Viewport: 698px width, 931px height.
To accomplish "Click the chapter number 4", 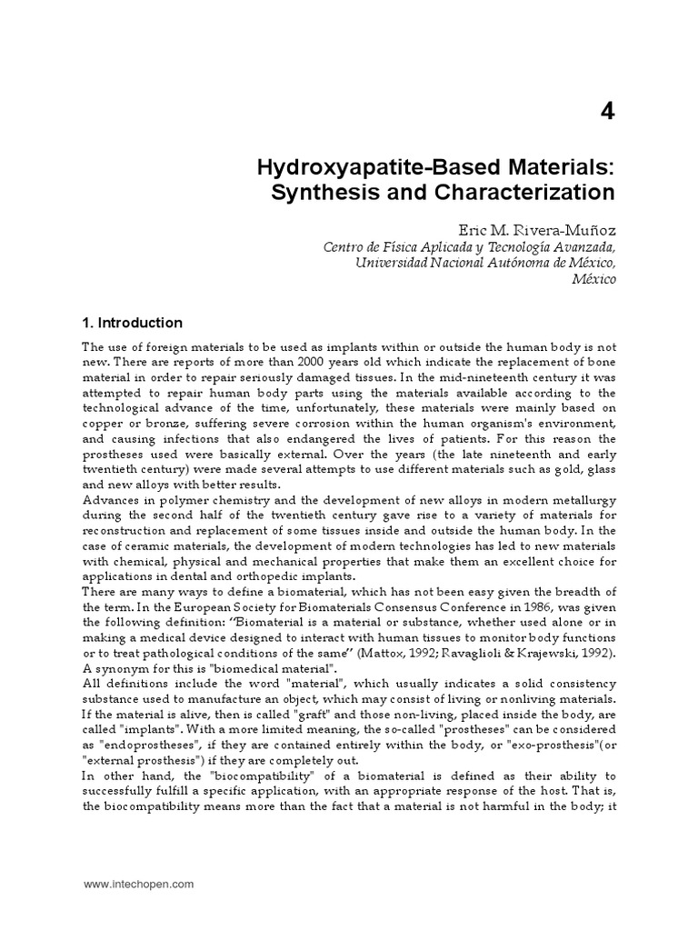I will pyautogui.click(x=606, y=112).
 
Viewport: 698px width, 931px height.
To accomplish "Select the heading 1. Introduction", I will pyautogui.click(x=132, y=323).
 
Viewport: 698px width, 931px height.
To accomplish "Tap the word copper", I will pyautogui.click(x=101, y=424).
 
